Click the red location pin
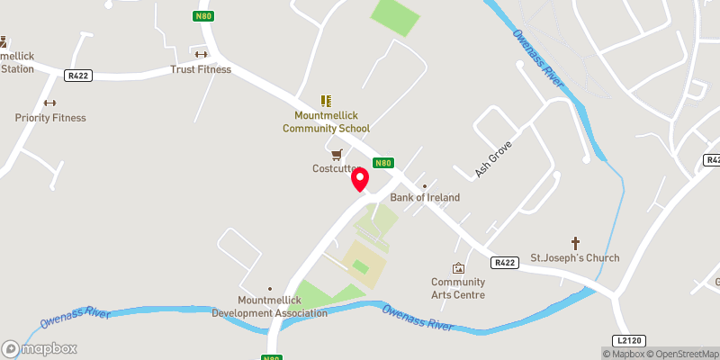pos(360,178)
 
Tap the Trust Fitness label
pos(201,69)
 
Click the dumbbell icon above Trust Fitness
pos(201,54)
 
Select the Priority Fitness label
pos(50,118)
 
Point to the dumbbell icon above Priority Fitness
pos(50,103)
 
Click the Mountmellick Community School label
pos(326,121)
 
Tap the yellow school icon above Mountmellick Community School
pos(326,101)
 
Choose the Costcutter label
pos(337,168)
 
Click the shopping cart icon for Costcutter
pos(337,154)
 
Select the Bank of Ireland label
pos(425,197)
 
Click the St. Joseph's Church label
pos(575,258)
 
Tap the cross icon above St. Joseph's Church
pos(576,243)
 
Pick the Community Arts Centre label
pos(458,288)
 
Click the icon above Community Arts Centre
pos(458,268)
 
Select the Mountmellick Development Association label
pos(270,307)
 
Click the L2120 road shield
pos(631,341)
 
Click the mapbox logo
pos(40,349)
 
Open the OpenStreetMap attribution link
pos(682,354)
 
